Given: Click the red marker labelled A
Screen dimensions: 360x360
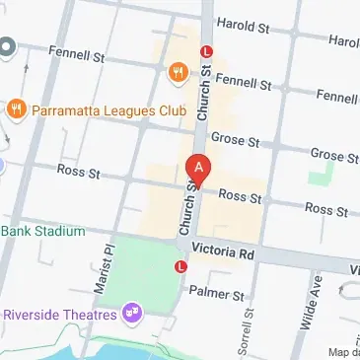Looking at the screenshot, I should (199, 168).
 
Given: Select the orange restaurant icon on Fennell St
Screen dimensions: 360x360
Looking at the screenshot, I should (178, 70).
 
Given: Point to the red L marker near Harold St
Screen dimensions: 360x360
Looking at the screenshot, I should (206, 50).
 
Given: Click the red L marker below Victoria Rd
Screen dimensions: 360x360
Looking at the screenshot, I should (180, 266).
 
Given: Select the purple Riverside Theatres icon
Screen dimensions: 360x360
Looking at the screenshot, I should (130, 315).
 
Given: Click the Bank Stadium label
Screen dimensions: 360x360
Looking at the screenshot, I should (42, 231).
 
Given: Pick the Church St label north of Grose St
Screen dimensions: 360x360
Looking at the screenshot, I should (205, 94).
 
